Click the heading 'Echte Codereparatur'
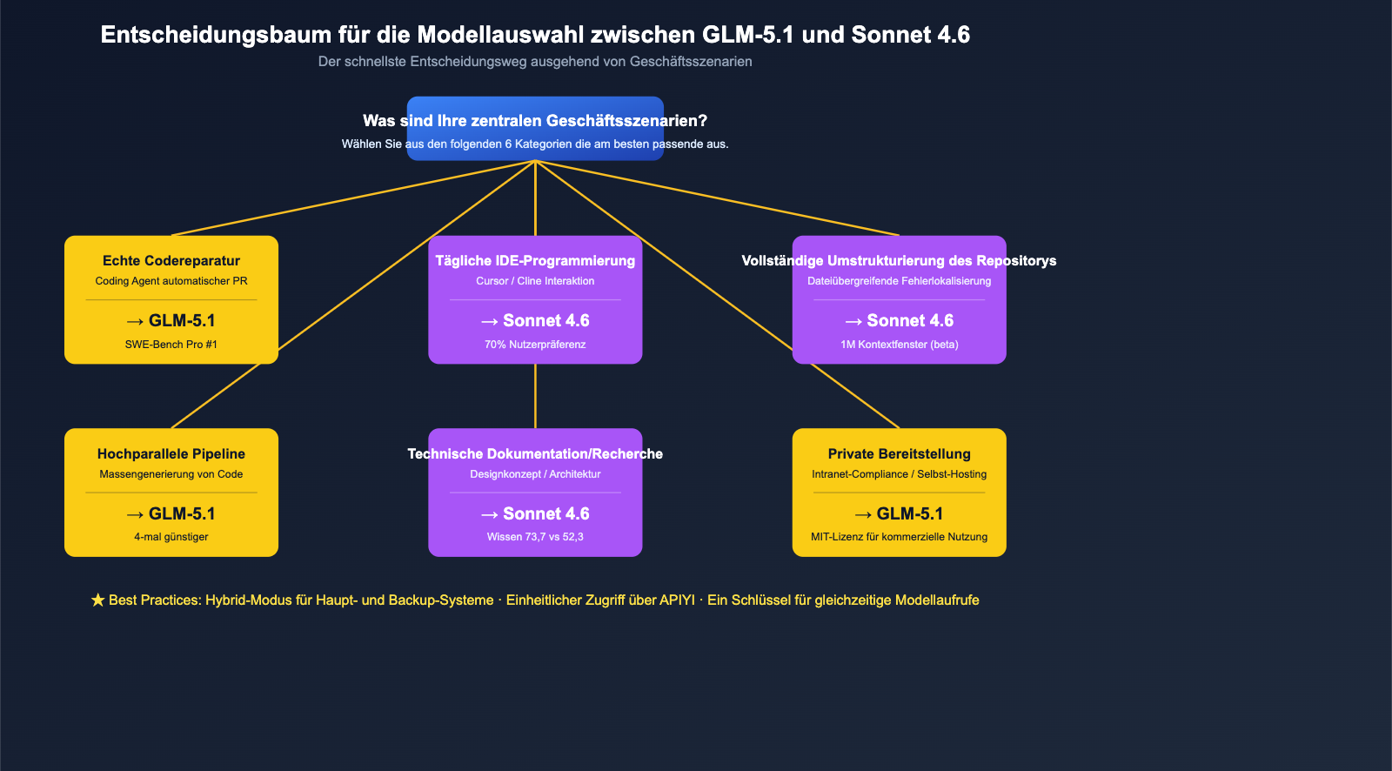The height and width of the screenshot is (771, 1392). pyautogui.click(x=171, y=261)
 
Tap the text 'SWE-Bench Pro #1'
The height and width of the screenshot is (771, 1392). pyautogui.click(x=171, y=345)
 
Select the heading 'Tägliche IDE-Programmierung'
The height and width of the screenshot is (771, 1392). pyautogui.click(x=535, y=261)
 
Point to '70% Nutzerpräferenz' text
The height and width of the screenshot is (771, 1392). pyautogui.click(x=535, y=345)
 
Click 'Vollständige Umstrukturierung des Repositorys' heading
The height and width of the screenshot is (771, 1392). pyautogui.click(x=899, y=261)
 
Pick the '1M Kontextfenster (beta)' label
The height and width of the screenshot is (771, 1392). pyautogui.click(x=899, y=345)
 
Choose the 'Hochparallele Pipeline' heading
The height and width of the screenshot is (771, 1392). pyautogui.click(x=171, y=454)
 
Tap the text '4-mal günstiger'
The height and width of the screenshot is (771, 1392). pyautogui.click(x=171, y=537)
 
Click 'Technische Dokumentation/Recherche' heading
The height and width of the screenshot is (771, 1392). pyautogui.click(x=535, y=454)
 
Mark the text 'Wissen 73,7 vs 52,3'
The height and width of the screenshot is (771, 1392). pyautogui.click(x=535, y=537)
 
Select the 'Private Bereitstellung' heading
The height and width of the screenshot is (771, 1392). pyautogui.click(x=899, y=454)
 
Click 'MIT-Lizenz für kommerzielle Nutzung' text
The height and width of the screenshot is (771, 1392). pyautogui.click(x=899, y=537)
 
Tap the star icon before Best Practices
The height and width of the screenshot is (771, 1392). pyautogui.click(x=97, y=600)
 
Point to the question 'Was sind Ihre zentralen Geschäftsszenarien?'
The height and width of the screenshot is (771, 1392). pyautogui.click(x=535, y=121)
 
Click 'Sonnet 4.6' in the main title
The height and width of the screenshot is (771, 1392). pyautogui.click(x=910, y=35)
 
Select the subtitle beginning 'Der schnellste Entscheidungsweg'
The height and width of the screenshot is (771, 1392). pyautogui.click(x=535, y=62)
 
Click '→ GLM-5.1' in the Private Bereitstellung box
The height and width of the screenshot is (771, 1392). pyautogui.click(x=899, y=514)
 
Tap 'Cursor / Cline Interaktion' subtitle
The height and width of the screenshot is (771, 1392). pyautogui.click(x=535, y=281)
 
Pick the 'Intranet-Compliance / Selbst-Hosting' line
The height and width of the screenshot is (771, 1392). pyautogui.click(x=899, y=474)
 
